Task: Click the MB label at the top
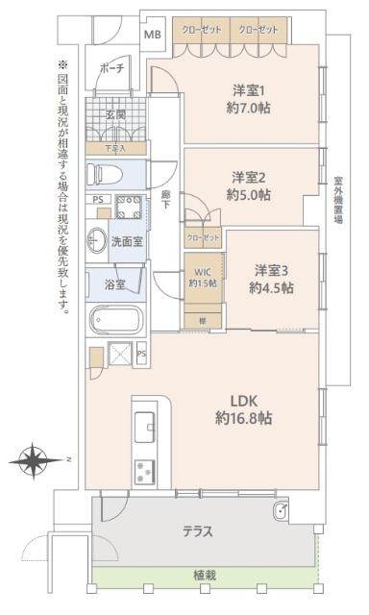click(x=154, y=36)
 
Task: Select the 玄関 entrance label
click(x=115, y=113)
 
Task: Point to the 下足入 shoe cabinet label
click(x=115, y=149)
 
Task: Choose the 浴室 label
click(x=113, y=284)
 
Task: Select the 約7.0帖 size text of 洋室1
click(x=250, y=108)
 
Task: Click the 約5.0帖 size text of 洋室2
click(x=250, y=194)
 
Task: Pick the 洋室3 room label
click(x=272, y=269)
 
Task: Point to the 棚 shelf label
click(x=202, y=319)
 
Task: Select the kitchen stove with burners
click(x=145, y=470)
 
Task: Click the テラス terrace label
click(x=198, y=530)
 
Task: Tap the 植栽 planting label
click(x=205, y=575)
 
